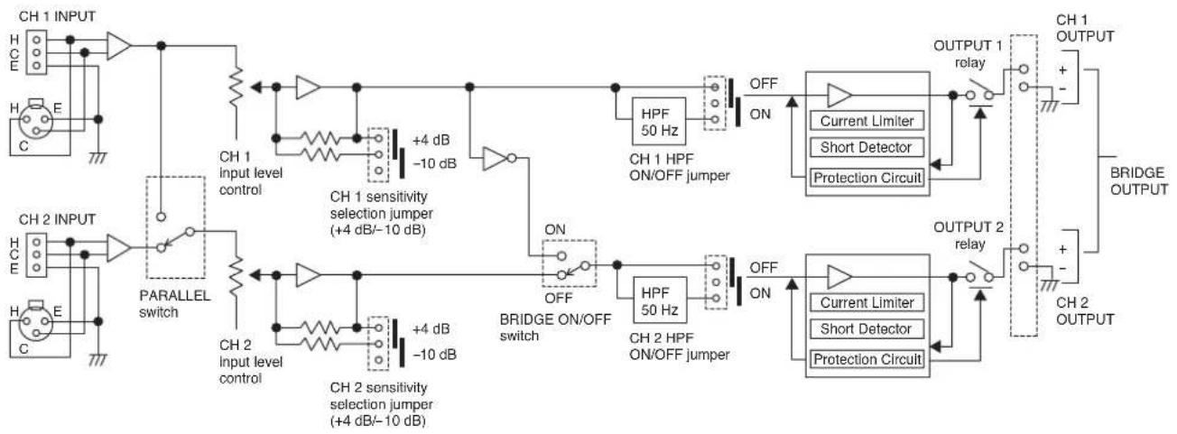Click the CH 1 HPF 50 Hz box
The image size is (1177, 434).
coord(659,122)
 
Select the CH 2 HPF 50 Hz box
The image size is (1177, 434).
coord(660,300)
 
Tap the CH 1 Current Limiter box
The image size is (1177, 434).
coord(867,121)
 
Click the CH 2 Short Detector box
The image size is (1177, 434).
coord(867,329)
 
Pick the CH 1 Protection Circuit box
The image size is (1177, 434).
coord(867,178)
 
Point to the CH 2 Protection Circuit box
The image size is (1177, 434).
coord(867,359)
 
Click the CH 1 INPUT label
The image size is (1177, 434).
coord(57,16)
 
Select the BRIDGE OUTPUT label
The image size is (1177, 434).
coord(1139,181)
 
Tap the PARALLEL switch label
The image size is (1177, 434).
coord(174,304)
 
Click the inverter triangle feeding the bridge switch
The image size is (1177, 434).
coord(495,158)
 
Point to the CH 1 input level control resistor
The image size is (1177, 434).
coord(236,87)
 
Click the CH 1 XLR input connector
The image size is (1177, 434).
coord(36,120)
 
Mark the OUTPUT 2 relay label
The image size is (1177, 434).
coord(968,235)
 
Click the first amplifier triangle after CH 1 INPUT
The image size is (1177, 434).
coord(119,46)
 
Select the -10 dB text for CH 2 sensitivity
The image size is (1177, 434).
coord(434,356)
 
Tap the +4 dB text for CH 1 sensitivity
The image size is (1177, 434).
coord(431,140)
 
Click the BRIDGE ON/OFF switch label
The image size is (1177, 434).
coord(555,328)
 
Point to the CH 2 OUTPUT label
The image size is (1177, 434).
coord(1085,311)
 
